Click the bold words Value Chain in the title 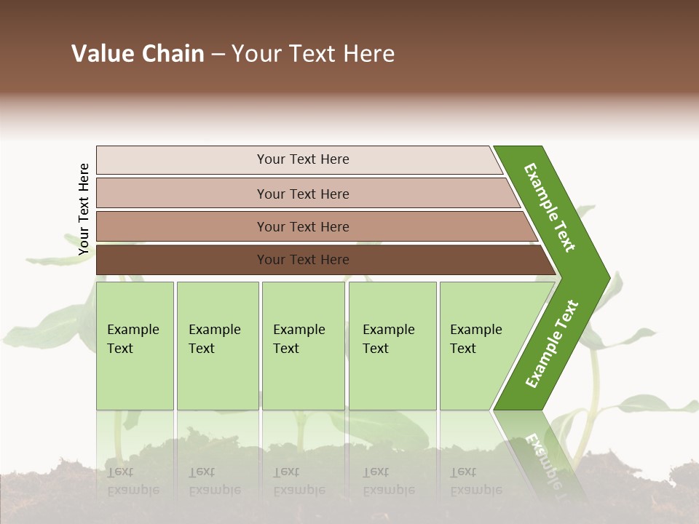[x=138, y=54]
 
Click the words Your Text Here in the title [x=313, y=54]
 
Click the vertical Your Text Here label [x=84, y=209]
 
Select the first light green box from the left [x=135, y=346]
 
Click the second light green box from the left [x=217, y=346]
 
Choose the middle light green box [x=303, y=346]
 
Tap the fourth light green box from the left [x=392, y=346]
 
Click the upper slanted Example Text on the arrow [x=550, y=207]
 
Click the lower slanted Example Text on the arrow [x=551, y=344]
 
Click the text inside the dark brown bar [x=303, y=260]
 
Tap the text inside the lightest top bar [x=303, y=159]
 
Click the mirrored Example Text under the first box [x=133, y=481]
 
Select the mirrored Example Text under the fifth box [x=475, y=481]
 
